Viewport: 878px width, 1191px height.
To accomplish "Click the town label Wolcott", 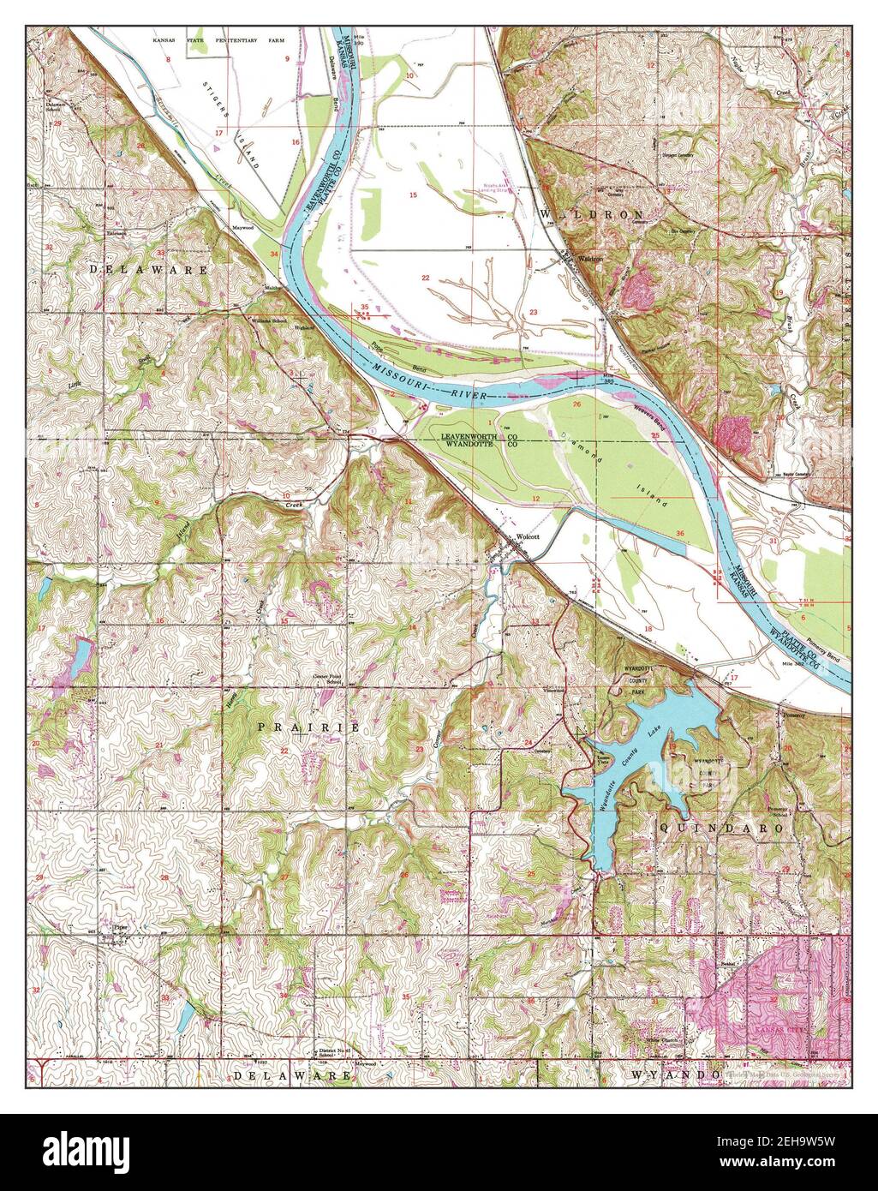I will [528, 537].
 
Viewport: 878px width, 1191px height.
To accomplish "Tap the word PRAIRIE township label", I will [308, 727].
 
